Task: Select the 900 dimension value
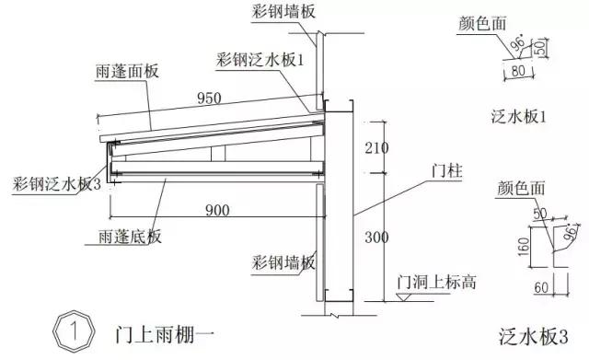pyautogui.click(x=217, y=211)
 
